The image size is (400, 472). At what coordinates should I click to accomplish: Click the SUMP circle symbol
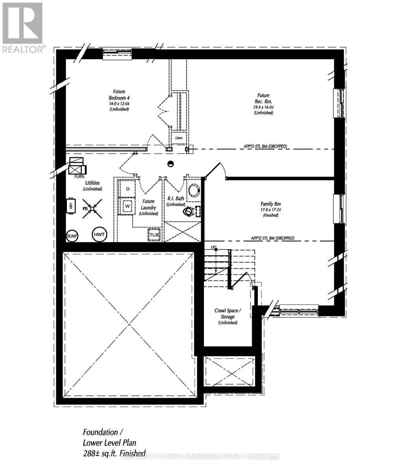coord(72,236)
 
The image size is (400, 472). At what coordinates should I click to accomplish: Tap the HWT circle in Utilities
coord(99,235)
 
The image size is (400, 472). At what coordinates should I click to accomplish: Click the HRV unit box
coord(71,206)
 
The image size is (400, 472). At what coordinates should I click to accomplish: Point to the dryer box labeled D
coord(128,189)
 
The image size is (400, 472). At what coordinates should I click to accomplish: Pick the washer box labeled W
coord(128,206)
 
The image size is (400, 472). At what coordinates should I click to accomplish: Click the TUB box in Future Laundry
coord(154,235)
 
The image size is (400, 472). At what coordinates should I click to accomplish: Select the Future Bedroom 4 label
coord(119,94)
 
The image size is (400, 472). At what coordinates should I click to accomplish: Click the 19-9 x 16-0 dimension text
coord(263,107)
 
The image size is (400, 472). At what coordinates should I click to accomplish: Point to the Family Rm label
coord(270,204)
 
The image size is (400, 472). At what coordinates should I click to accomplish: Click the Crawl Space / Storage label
coord(228,313)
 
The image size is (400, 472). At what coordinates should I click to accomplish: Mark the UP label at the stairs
coord(213,247)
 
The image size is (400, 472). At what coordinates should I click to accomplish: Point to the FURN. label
coord(80,177)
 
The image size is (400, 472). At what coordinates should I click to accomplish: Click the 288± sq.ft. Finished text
coord(114,453)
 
